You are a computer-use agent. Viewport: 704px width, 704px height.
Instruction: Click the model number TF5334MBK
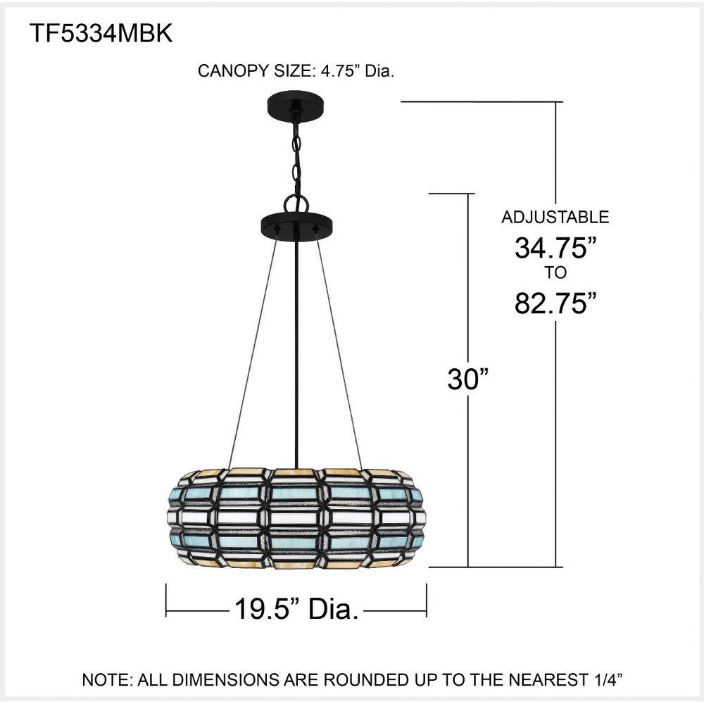coord(101,33)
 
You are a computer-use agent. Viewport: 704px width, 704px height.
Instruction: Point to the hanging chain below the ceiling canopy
coord(296,157)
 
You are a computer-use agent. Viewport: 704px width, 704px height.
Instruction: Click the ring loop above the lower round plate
coord(296,204)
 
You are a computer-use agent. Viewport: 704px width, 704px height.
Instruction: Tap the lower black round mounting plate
coord(298,222)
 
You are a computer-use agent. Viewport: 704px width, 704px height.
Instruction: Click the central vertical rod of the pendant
coord(296,350)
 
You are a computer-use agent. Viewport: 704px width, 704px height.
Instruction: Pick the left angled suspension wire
coord(253,350)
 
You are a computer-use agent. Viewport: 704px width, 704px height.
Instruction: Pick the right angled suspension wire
coord(339,350)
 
